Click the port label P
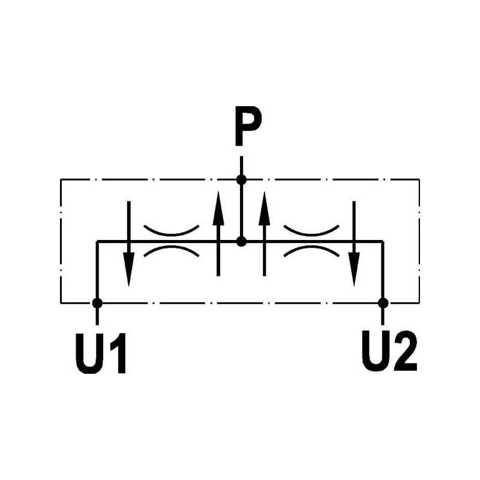247,127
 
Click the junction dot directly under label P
241,179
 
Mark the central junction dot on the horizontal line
241,241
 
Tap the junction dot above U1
97,303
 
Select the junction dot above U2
383,303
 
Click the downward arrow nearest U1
128,243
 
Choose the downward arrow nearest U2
354,243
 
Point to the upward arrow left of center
218,234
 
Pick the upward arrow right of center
264,234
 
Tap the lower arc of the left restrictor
172,250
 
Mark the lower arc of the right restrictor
311,250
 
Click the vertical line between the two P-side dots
241,210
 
